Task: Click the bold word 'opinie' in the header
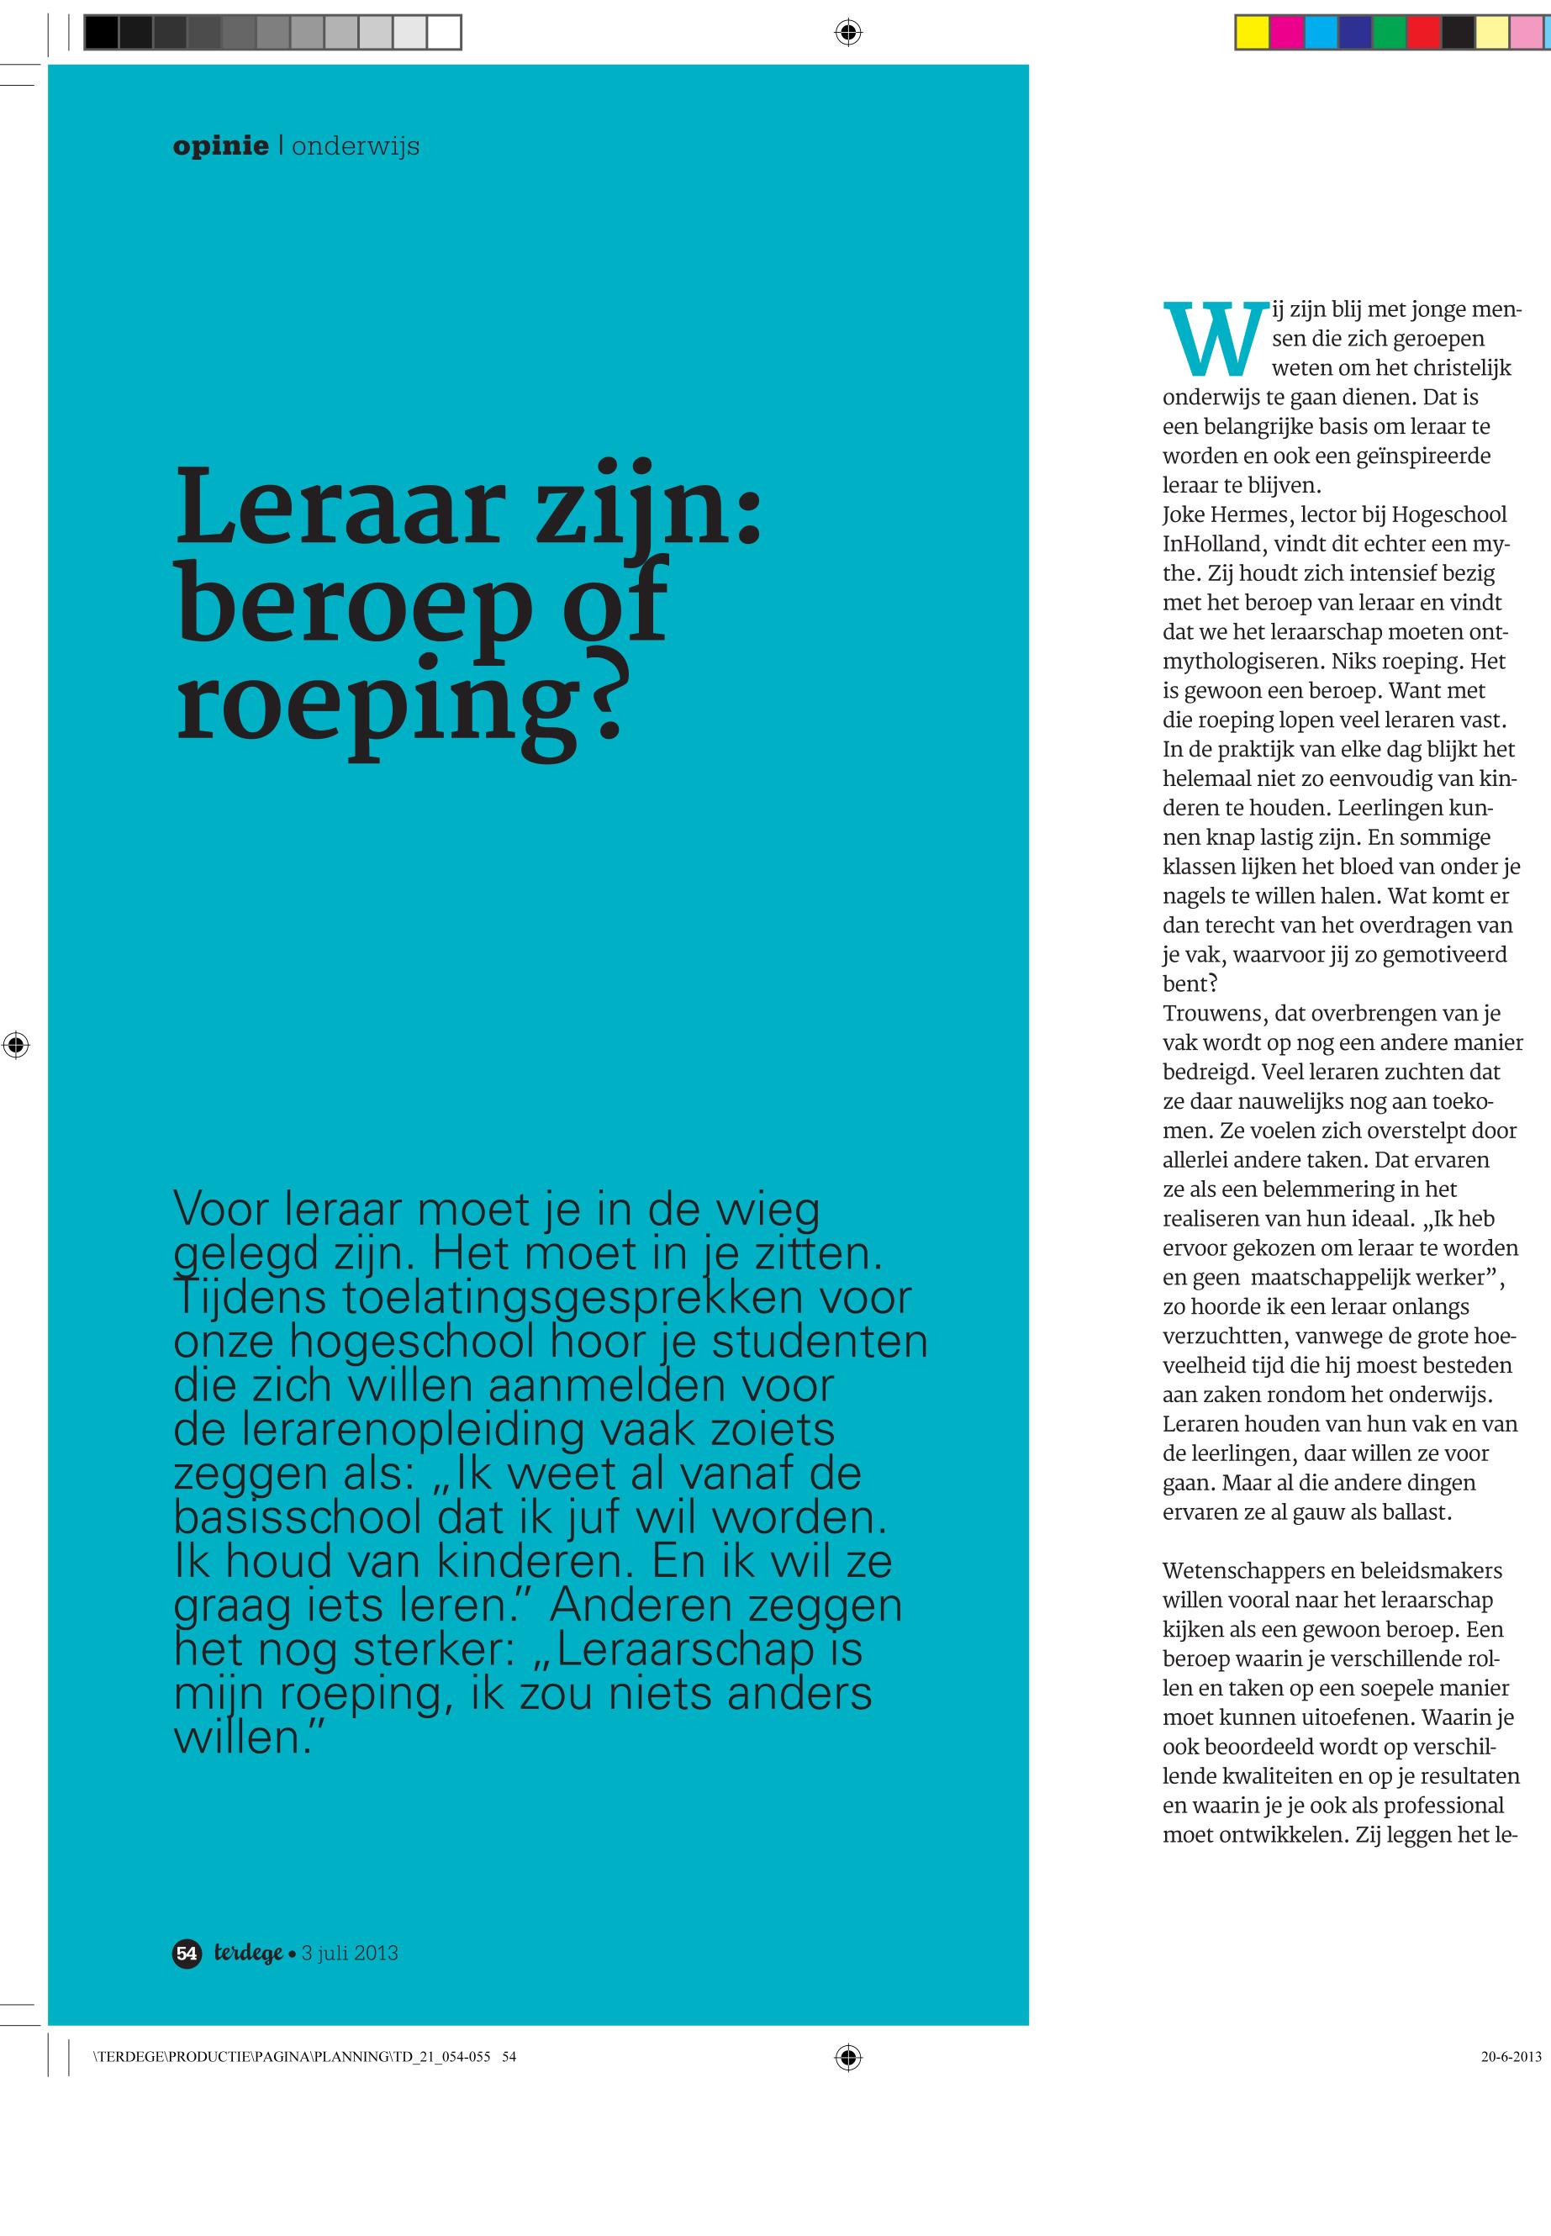tap(220, 147)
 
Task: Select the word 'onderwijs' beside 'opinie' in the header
tap(356, 147)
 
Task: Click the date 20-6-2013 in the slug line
tap(1511, 2056)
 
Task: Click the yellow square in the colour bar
tap(1252, 33)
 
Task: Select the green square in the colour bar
tap(1389, 33)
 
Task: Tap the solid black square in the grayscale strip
tap(101, 33)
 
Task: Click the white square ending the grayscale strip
tap(443, 33)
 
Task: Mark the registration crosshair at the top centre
tap(848, 33)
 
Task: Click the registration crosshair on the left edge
tap(15, 1046)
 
